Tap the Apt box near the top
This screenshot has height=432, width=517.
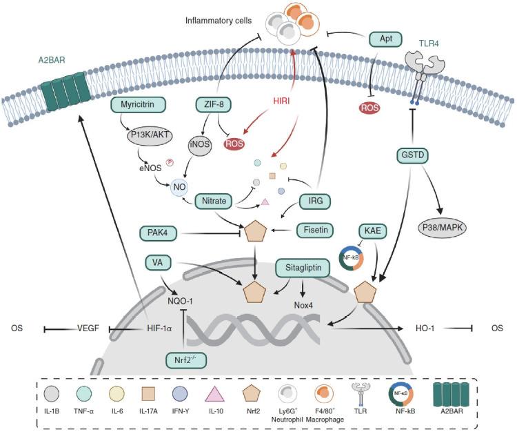pos(385,39)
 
